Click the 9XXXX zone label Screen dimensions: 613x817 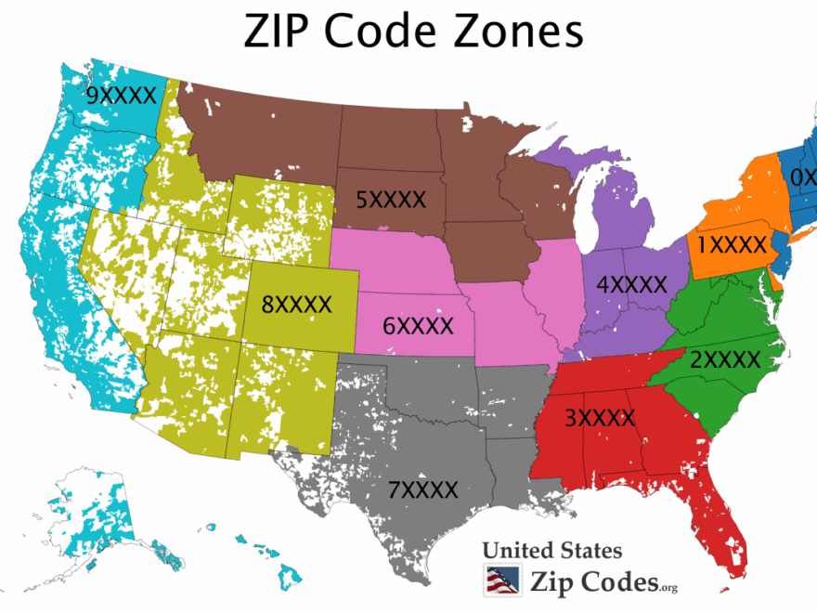pyautogui.click(x=120, y=96)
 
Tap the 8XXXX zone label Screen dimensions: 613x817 pyautogui.click(x=296, y=304)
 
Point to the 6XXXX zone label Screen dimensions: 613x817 pyautogui.click(x=418, y=326)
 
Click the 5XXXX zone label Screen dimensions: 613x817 pyautogui.click(x=391, y=200)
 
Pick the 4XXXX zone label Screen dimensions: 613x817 pyautogui.click(x=632, y=284)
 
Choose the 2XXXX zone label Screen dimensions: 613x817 pyautogui.click(x=725, y=359)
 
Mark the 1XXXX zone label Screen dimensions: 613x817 pyautogui.click(x=733, y=245)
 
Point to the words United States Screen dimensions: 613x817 pyautogui.click(x=551, y=551)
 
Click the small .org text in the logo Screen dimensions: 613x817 pyautogui.click(x=669, y=587)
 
